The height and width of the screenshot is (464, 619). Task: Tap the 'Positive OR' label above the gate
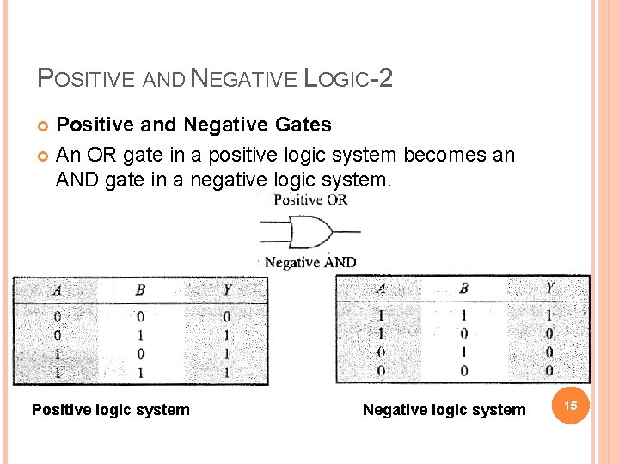pos(309,200)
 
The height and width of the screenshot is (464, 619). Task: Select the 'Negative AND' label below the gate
pos(309,262)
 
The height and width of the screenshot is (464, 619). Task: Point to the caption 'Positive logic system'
pos(110,410)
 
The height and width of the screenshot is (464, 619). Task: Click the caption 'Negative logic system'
pos(444,410)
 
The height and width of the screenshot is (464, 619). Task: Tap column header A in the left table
pos(57,290)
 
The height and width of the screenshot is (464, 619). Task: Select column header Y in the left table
pos(225,290)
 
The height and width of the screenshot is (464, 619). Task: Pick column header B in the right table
pos(463,288)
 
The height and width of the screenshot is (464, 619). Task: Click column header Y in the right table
pos(549,288)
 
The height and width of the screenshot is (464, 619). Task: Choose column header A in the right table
pos(381,288)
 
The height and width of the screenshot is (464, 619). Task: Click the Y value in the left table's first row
pos(226,316)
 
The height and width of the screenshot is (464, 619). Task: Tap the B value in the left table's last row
pos(140,372)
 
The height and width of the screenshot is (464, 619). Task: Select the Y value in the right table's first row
pos(549,315)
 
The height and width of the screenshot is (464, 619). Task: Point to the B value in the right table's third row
pos(463,352)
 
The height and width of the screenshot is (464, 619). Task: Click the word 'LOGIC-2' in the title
pos(342,79)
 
